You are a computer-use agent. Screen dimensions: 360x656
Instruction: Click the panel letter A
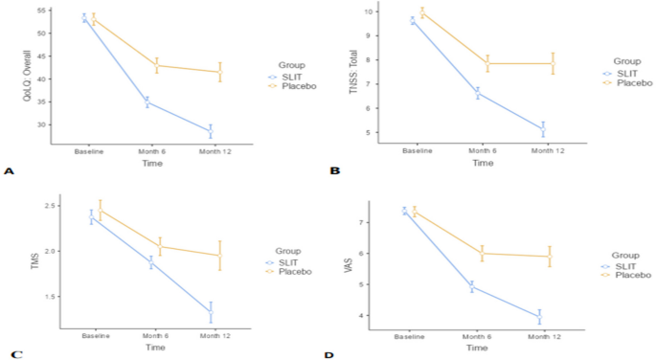click(x=10, y=171)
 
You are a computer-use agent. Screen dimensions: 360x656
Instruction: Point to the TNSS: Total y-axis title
click(x=353, y=73)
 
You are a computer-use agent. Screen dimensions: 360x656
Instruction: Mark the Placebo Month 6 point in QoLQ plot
click(x=157, y=65)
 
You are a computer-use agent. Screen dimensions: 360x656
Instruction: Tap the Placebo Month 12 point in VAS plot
click(x=550, y=256)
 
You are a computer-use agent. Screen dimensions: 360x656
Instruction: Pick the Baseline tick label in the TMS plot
click(x=96, y=335)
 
